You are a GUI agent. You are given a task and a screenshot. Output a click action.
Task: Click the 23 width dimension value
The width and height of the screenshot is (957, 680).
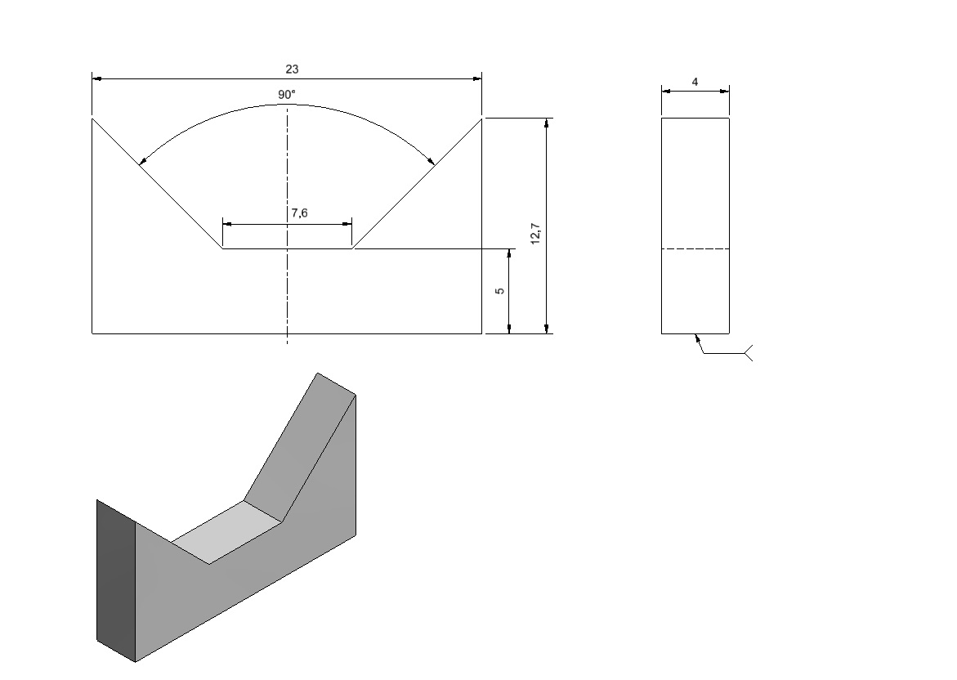[x=292, y=69]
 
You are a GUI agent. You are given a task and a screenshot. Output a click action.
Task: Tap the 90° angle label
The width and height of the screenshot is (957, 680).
[x=286, y=95]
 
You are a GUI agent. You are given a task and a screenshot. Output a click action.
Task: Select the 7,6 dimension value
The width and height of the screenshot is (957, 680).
[x=299, y=213]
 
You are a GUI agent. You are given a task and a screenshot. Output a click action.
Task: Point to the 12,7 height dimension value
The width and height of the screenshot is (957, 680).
[x=535, y=233]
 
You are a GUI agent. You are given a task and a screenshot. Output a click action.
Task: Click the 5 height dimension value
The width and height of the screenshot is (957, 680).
[x=500, y=291]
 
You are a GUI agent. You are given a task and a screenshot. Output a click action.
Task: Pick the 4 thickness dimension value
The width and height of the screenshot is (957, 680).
[x=695, y=82]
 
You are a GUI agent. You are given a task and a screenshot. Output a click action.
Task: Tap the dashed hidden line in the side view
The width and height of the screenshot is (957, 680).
[x=695, y=249]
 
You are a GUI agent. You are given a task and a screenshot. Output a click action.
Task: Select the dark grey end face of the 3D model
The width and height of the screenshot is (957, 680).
[x=116, y=580]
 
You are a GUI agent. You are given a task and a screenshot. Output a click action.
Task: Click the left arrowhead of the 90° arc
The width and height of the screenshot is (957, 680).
[x=142, y=160]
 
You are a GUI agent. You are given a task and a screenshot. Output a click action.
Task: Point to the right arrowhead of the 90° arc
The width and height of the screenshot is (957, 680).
[x=431, y=160]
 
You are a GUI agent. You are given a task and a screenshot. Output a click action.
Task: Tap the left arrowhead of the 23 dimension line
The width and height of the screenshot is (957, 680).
[x=97, y=78]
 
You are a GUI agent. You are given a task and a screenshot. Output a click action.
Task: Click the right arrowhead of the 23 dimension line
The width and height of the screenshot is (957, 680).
[x=476, y=78]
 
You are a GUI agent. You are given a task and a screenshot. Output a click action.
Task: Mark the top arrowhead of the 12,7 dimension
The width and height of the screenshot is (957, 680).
[x=546, y=123]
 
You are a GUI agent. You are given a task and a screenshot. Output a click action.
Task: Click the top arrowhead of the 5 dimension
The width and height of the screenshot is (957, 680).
[x=509, y=254]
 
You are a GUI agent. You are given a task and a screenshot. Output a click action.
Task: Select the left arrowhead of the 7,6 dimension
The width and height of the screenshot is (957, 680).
[x=228, y=224]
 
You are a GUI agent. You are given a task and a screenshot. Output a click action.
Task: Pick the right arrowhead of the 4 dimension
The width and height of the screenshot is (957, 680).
[x=724, y=92]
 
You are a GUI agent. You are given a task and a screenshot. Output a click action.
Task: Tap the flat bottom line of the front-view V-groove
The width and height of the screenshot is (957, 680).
[x=287, y=248]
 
